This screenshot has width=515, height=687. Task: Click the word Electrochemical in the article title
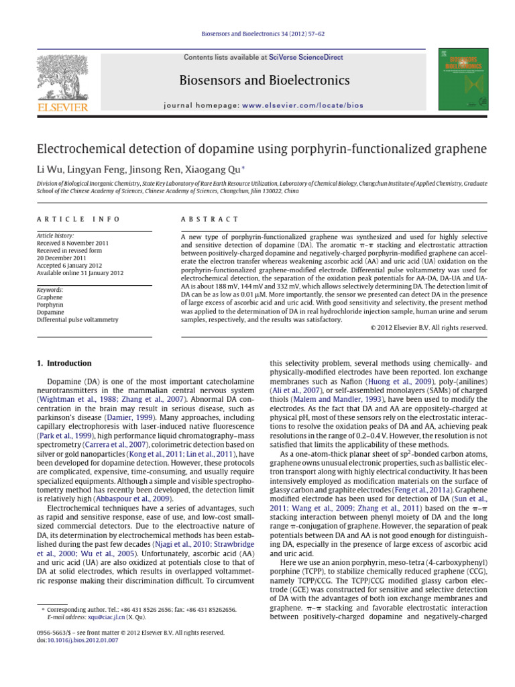(x=80, y=148)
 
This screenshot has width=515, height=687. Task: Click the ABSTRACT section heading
(x=210, y=219)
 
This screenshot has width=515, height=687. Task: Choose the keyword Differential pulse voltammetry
(x=77, y=320)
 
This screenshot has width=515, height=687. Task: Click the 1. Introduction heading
(x=64, y=363)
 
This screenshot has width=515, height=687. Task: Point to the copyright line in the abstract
(x=428, y=328)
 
